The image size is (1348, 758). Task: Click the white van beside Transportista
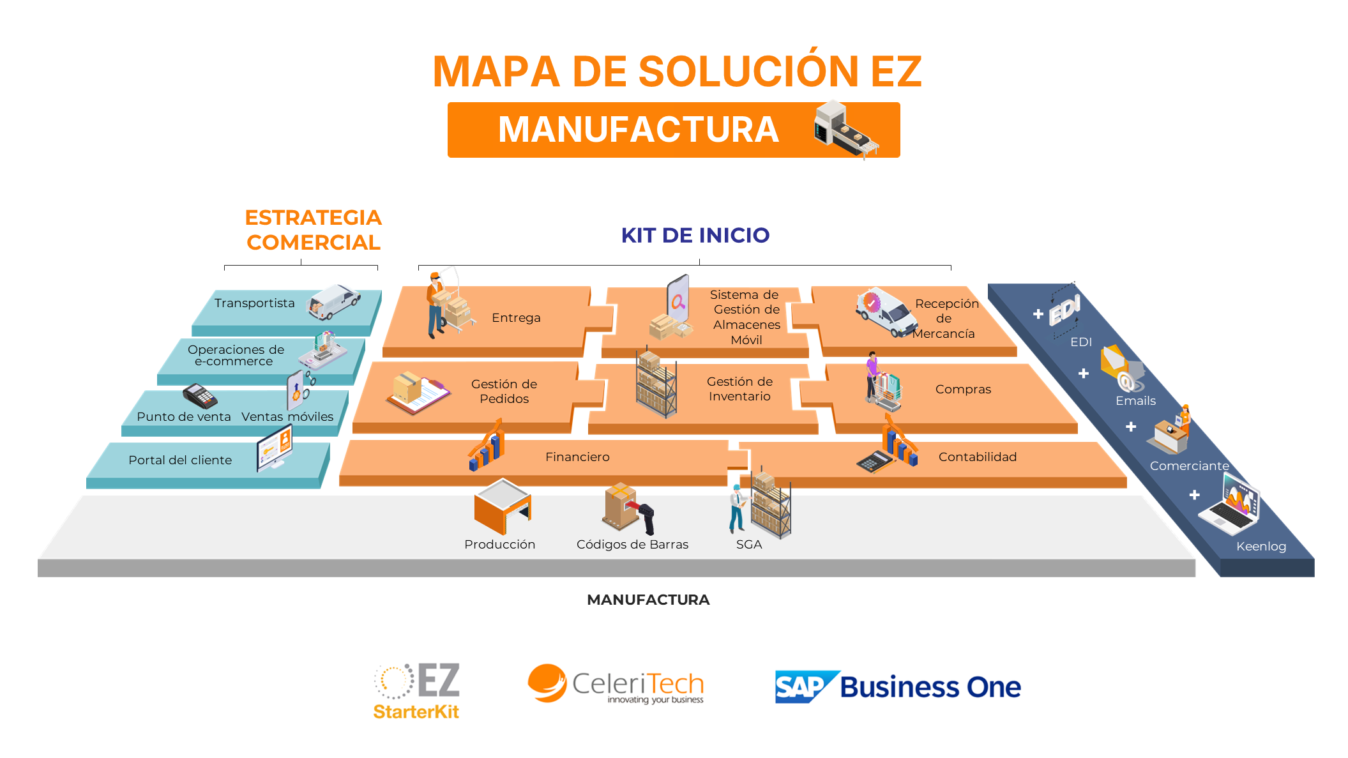click(x=335, y=301)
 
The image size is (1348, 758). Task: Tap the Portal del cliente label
click(x=180, y=460)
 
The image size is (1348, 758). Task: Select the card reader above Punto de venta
click(x=200, y=396)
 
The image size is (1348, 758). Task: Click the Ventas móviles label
click(x=287, y=416)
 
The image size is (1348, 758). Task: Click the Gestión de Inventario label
click(x=739, y=389)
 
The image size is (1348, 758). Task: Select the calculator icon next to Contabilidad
click(x=874, y=460)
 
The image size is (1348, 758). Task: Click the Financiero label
click(x=577, y=457)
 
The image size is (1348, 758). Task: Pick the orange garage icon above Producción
click(x=503, y=507)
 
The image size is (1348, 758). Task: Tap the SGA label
click(x=749, y=544)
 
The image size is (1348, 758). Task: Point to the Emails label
click(x=1135, y=400)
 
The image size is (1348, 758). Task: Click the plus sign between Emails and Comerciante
click(x=1131, y=427)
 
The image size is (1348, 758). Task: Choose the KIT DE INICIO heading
click(x=695, y=235)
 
